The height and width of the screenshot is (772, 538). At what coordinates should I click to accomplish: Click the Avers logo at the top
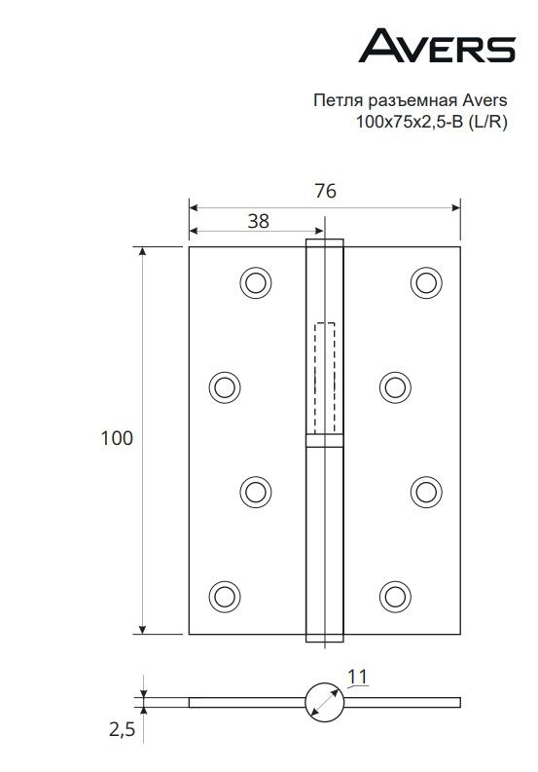coord(437,45)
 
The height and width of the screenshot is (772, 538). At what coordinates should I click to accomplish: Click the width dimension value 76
coord(325,192)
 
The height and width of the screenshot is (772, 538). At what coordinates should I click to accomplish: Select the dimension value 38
coord(258,220)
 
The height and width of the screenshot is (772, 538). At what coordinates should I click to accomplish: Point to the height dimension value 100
coord(117,439)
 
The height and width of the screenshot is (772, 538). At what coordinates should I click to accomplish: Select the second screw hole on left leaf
coord(224,386)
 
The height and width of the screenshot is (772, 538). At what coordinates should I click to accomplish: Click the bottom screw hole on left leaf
coord(224,594)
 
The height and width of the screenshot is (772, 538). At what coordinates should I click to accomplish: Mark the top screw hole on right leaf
coord(425,282)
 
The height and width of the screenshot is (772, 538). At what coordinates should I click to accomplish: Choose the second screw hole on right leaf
coord(394,386)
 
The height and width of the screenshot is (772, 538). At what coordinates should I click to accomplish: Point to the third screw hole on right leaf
coord(425,490)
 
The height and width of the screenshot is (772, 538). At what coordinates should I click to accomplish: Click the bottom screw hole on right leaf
coord(394,594)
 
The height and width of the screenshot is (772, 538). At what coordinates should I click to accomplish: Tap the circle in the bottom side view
coord(324,702)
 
